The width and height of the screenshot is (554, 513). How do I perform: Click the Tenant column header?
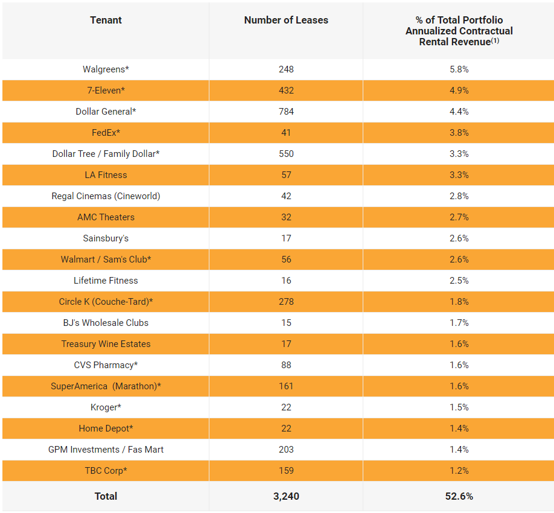pyautogui.click(x=106, y=20)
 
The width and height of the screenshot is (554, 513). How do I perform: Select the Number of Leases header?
pyautogui.click(x=286, y=20)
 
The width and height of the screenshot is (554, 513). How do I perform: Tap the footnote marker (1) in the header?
pyautogui.click(x=495, y=41)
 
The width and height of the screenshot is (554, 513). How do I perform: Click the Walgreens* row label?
pyautogui.click(x=106, y=69)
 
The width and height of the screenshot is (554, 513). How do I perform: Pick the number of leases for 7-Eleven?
pyautogui.click(x=286, y=91)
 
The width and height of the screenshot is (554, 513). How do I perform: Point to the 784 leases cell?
pyautogui.click(x=286, y=112)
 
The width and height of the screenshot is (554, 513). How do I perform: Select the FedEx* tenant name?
pyautogui.click(x=106, y=133)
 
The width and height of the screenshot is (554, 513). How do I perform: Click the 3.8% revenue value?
pyautogui.click(x=459, y=133)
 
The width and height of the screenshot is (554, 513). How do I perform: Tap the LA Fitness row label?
pyautogui.click(x=106, y=175)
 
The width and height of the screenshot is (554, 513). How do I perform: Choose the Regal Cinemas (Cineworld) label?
pyautogui.click(x=106, y=196)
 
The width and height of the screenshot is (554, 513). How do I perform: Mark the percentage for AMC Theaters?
pyautogui.click(x=459, y=217)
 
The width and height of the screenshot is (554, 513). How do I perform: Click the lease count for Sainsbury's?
pyautogui.click(x=286, y=238)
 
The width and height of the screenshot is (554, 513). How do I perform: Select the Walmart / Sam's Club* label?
pyautogui.click(x=106, y=260)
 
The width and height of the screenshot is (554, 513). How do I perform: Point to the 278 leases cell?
pyautogui.click(x=286, y=302)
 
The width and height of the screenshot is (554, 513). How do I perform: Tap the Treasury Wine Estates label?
pyautogui.click(x=106, y=344)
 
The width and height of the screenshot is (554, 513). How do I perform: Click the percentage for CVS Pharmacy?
pyautogui.click(x=459, y=365)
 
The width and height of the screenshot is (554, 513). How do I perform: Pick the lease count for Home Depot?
pyautogui.click(x=286, y=429)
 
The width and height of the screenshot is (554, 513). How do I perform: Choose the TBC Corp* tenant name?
pyautogui.click(x=106, y=471)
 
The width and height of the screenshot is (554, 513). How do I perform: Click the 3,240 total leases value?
pyautogui.click(x=286, y=496)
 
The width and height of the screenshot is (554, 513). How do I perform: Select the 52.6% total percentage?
pyautogui.click(x=459, y=496)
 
